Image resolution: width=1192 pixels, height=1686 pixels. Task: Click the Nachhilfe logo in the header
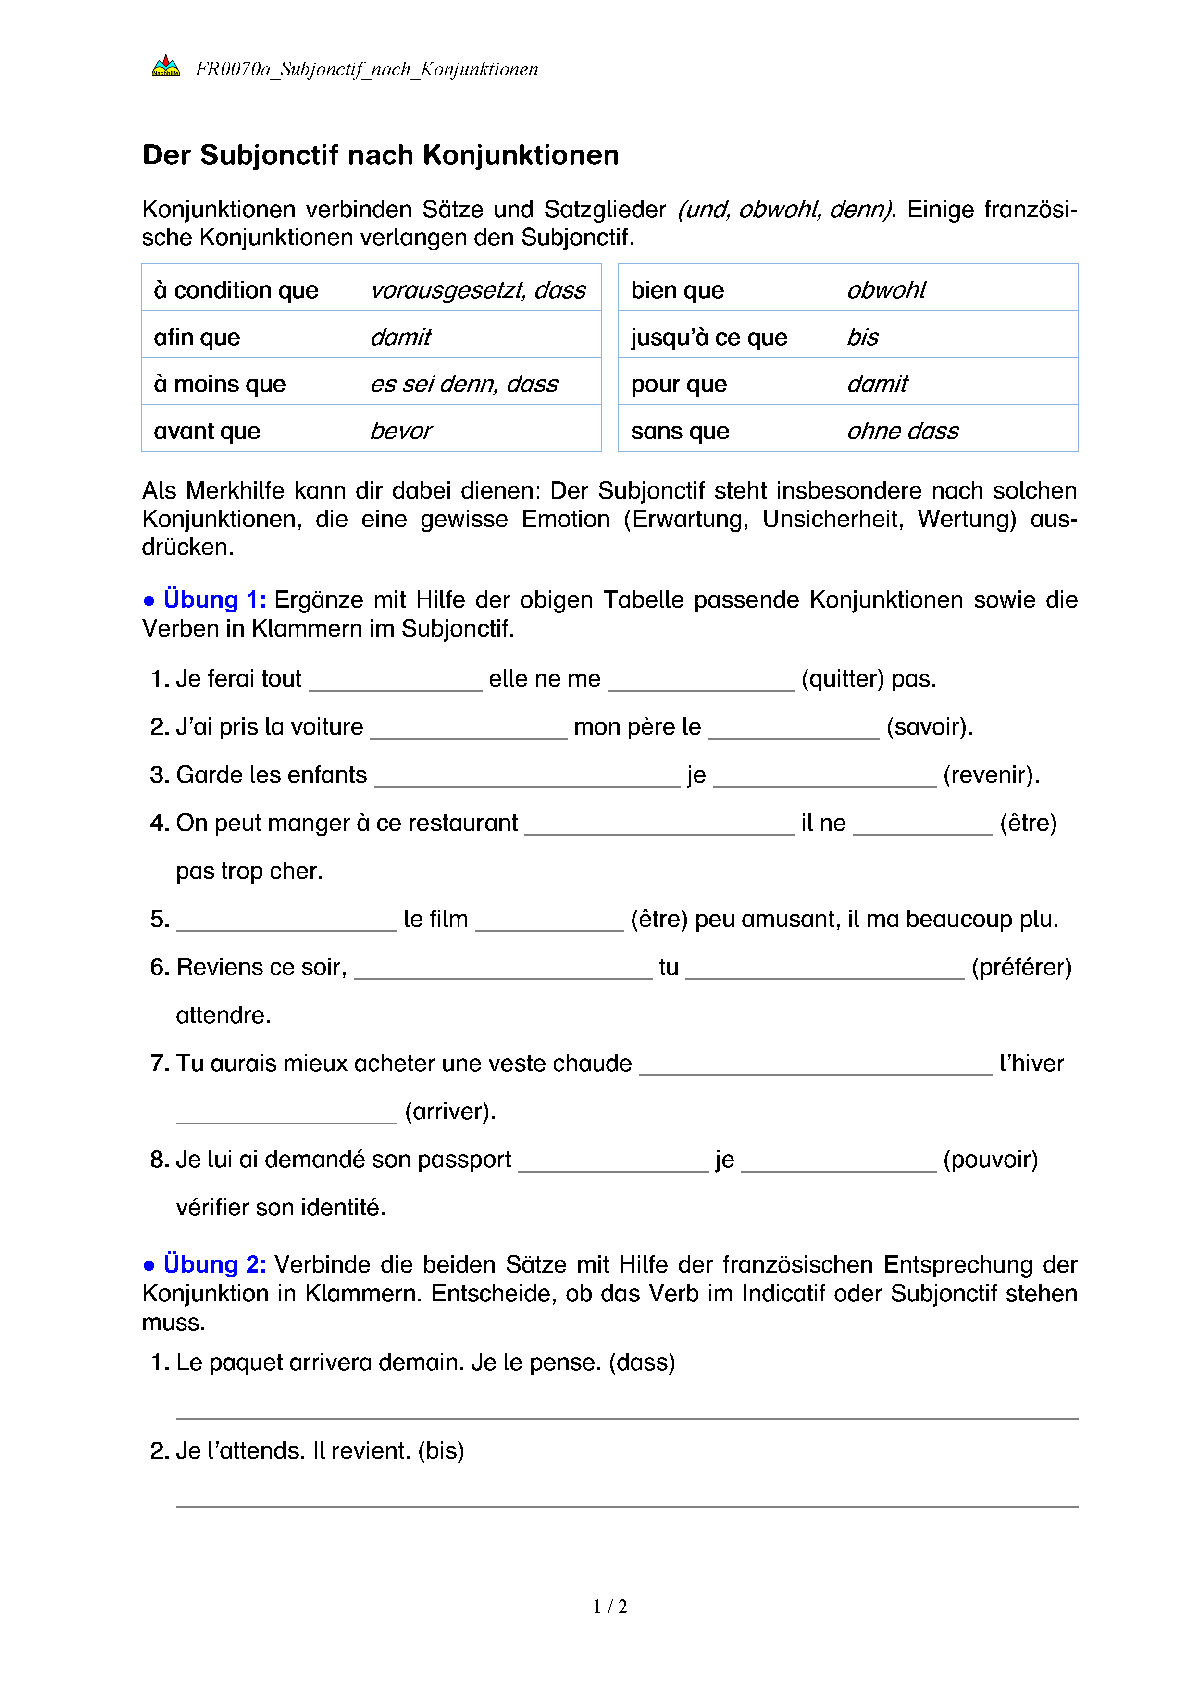point(166,67)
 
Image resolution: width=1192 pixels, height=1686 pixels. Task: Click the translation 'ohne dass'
point(902,431)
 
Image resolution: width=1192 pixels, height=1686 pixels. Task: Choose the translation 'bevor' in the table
point(401,431)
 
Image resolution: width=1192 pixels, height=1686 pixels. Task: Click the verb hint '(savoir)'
point(929,727)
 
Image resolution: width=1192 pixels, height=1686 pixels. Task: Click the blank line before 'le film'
point(286,927)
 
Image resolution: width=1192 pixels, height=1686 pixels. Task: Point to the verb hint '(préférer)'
point(1021,967)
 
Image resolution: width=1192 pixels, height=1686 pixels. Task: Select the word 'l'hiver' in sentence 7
point(1031,1063)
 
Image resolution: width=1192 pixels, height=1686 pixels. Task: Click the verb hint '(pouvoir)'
point(990,1160)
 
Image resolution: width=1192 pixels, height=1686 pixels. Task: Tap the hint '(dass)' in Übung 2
point(642,1362)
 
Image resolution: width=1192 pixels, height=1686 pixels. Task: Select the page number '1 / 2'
point(610,1607)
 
